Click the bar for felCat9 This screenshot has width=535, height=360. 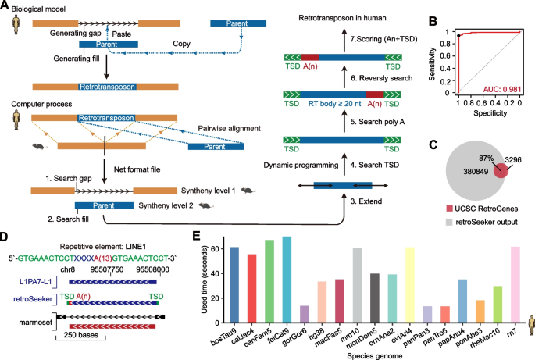(x=287, y=280)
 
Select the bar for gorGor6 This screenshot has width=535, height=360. (x=305, y=314)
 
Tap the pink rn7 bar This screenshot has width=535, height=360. (x=515, y=284)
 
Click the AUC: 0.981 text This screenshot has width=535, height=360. (x=502, y=89)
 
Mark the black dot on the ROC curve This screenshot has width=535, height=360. (x=459, y=35)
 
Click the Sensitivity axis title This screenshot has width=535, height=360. (x=432, y=64)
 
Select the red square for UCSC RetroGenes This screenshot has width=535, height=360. (x=449, y=209)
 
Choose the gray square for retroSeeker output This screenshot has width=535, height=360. (x=449, y=223)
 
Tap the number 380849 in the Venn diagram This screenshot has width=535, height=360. (x=476, y=171)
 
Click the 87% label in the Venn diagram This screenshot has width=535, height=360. (x=487, y=159)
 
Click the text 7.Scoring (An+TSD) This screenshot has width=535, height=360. (x=383, y=39)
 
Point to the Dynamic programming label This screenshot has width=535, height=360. (x=301, y=166)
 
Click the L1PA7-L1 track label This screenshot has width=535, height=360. (x=35, y=281)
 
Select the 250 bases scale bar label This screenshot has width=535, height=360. (x=81, y=335)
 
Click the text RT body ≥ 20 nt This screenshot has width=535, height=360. (x=334, y=104)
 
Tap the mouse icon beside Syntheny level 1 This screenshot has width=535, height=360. (x=248, y=191)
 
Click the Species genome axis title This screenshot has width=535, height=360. (x=375, y=356)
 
